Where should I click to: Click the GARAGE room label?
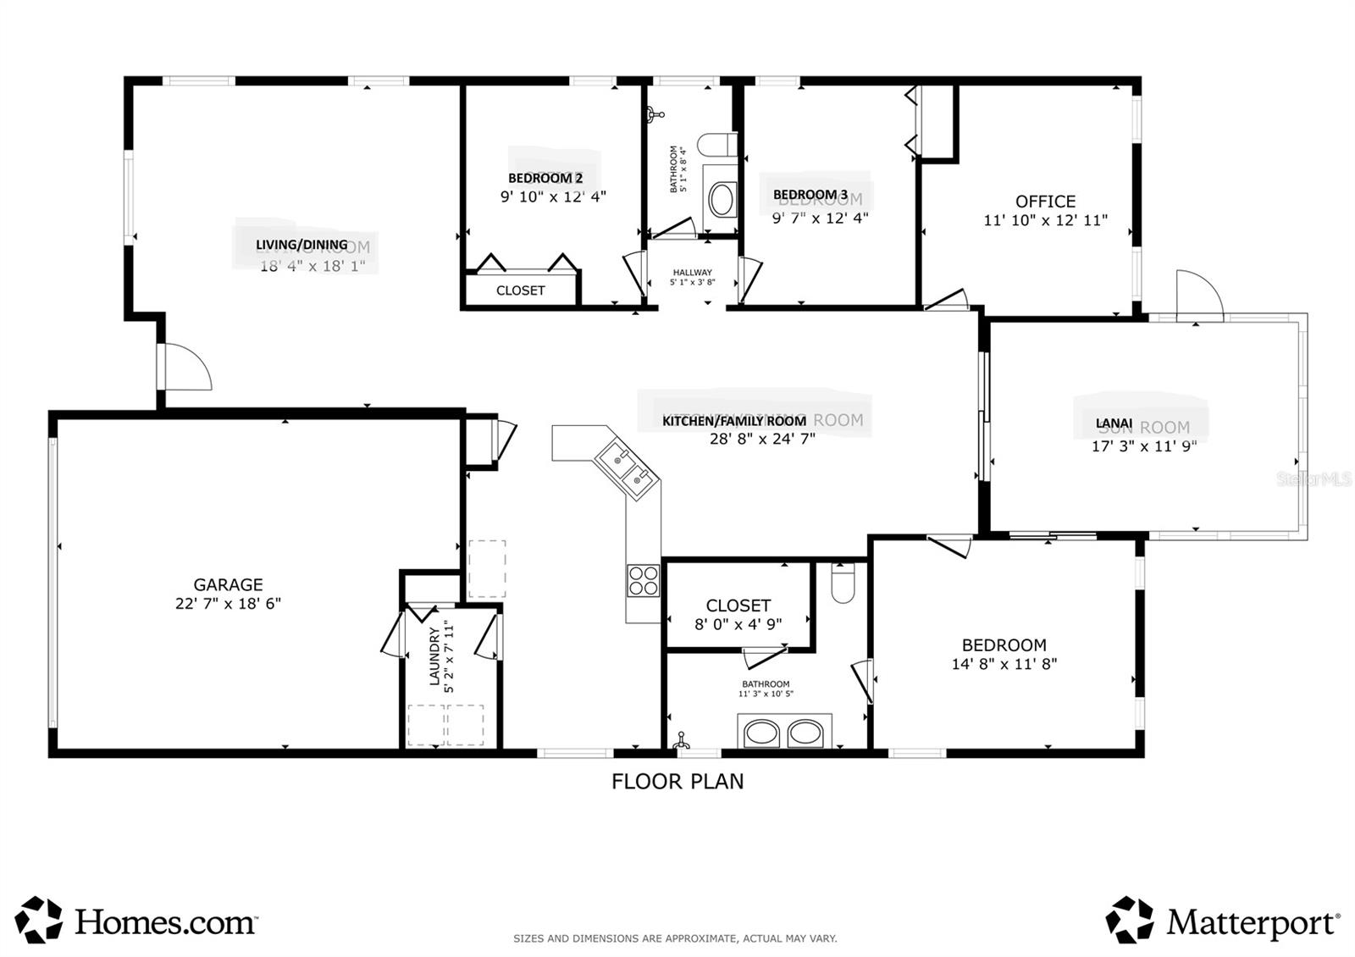pyautogui.click(x=228, y=584)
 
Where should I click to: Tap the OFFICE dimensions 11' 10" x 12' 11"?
pyautogui.click(x=1045, y=220)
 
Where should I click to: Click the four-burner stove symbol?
pyautogui.click(x=643, y=581)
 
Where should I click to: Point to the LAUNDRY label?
pyautogui.click(x=434, y=656)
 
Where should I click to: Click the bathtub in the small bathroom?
pyautogui.click(x=722, y=200)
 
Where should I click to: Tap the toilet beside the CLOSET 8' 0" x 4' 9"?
pyautogui.click(x=843, y=584)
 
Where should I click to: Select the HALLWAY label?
pyautogui.click(x=693, y=273)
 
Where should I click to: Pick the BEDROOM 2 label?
pyautogui.click(x=545, y=178)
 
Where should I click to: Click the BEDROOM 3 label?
pyautogui.click(x=810, y=195)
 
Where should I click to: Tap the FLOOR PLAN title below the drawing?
pyautogui.click(x=677, y=781)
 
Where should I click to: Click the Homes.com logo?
pyautogui.click(x=135, y=921)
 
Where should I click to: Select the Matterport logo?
pyautogui.click(x=1222, y=921)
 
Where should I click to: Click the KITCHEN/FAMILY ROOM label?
pyautogui.click(x=733, y=421)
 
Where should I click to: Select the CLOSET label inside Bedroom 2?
pyautogui.click(x=520, y=290)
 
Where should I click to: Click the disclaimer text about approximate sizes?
pyautogui.click(x=675, y=938)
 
